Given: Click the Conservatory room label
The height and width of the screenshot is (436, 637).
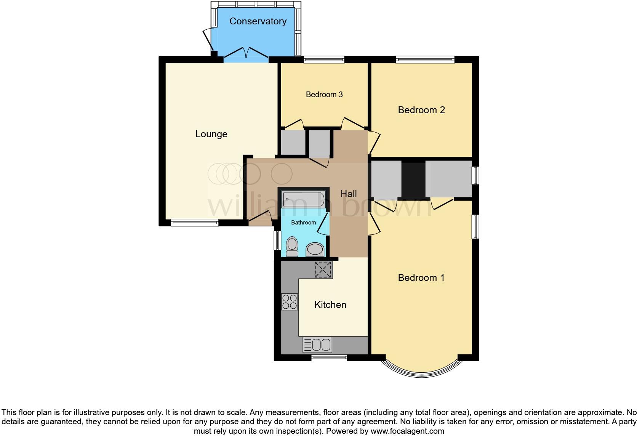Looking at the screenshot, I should click(x=258, y=21).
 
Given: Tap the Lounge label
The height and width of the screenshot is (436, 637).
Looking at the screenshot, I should click(x=211, y=134).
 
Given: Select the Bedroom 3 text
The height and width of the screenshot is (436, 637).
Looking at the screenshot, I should click(x=324, y=95).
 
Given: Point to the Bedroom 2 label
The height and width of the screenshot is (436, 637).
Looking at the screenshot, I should click(x=421, y=110).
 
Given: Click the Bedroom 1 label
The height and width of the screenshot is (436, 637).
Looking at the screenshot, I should click(x=421, y=278).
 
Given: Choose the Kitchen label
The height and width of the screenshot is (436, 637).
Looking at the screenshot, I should click(x=330, y=305).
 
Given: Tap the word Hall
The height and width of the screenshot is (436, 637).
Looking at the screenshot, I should click(x=348, y=194).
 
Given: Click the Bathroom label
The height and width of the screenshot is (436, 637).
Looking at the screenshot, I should click(x=303, y=223).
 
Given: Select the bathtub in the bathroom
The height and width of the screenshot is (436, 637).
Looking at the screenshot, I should click(x=304, y=199).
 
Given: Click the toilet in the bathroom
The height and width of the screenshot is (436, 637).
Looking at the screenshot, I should click(x=292, y=247).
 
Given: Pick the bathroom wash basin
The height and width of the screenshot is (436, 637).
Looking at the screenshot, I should click(x=315, y=250).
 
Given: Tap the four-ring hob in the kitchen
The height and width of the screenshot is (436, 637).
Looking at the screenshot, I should click(x=289, y=302).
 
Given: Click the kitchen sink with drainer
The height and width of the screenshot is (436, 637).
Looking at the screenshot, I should click(x=317, y=345).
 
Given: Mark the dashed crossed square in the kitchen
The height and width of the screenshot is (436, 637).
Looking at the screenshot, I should click(x=323, y=270).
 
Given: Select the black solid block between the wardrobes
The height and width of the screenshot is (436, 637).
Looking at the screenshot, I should click(x=413, y=180).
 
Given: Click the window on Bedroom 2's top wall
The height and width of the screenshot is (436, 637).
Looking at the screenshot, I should click(x=425, y=59).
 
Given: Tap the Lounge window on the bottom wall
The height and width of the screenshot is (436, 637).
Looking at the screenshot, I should click(x=194, y=223).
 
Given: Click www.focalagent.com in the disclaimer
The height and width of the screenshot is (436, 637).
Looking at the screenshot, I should click(x=407, y=431).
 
